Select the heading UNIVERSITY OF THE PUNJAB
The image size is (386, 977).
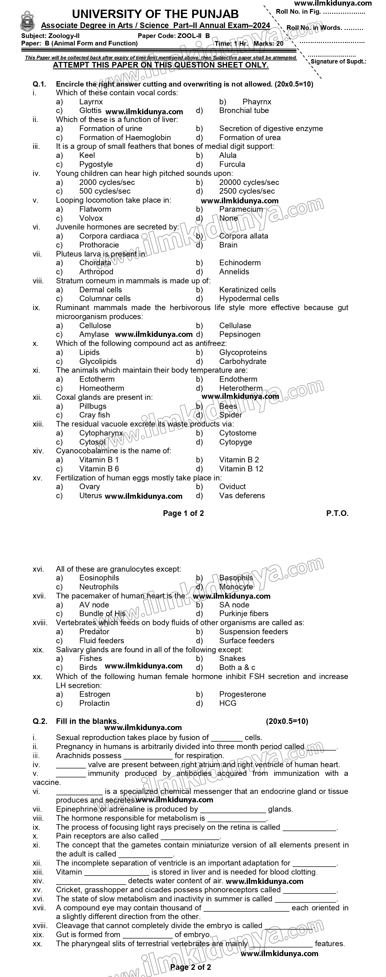click(155, 14)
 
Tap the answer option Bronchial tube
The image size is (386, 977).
click(244, 110)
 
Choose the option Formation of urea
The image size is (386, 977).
click(250, 137)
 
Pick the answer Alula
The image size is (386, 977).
click(228, 155)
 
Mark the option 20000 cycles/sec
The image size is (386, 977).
click(249, 182)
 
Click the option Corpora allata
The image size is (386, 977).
click(243, 236)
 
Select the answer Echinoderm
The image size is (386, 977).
click(240, 262)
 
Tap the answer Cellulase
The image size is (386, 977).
click(235, 325)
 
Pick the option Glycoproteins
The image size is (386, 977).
click(243, 352)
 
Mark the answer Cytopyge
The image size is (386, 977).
click(235, 442)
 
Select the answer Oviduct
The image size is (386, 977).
click(232, 487)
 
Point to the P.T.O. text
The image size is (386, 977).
click(337, 513)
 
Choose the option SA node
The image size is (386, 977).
click(234, 605)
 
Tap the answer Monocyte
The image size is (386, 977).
click(236, 587)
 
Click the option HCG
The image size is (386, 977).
click(228, 703)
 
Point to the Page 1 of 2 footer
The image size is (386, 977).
click(183, 513)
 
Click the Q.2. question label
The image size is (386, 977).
click(40, 721)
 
